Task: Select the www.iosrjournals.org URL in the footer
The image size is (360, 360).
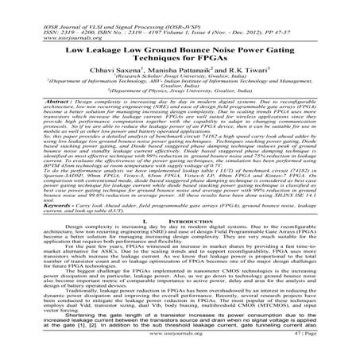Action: (180, 350)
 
